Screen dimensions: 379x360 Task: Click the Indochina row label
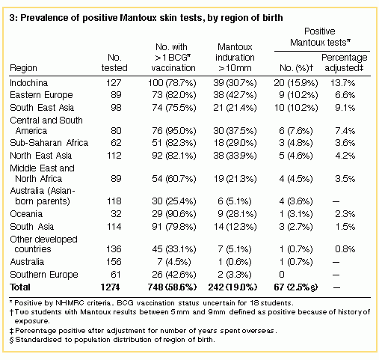pos(28,83)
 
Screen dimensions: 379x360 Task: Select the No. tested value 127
pos(114,83)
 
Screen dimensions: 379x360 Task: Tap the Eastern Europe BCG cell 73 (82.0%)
pos(174,95)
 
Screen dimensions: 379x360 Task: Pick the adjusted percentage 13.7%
pos(343,83)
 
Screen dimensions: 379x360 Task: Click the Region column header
pos(23,68)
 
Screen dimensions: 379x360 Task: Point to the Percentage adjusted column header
pos(345,62)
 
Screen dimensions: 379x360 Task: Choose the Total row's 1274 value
pos(110,287)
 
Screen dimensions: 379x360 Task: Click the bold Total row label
pos(20,287)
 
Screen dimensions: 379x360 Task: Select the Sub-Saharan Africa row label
pos(49,143)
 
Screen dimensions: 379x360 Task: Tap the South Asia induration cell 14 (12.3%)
pos(235,227)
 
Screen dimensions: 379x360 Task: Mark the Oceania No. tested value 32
pos(116,214)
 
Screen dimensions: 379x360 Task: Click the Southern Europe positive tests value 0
pos(282,275)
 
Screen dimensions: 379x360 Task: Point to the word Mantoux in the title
pos(138,18)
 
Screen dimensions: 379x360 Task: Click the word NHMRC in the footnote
pos(69,303)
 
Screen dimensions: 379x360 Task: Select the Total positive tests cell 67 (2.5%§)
pos(296,287)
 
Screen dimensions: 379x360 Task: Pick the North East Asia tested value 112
pos(114,156)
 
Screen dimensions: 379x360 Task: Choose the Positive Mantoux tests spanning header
pos(320,37)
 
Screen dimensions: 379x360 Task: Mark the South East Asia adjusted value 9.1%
pos(345,108)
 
